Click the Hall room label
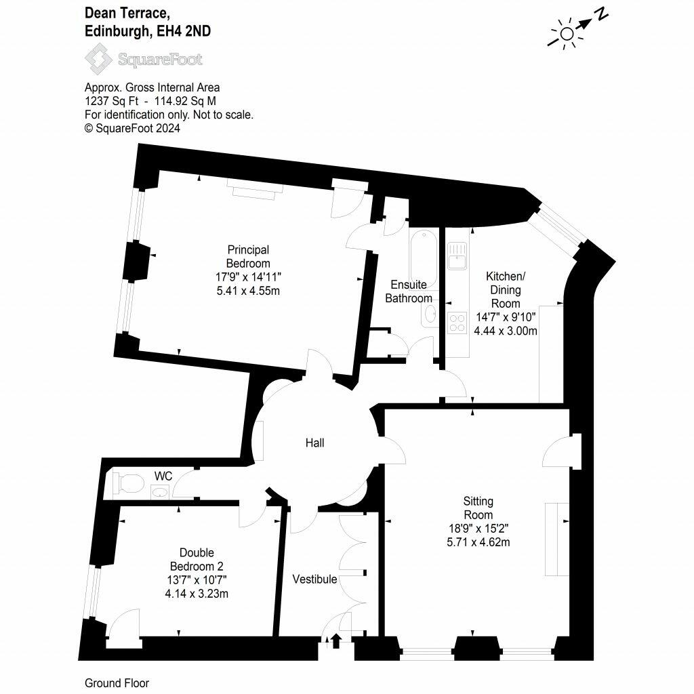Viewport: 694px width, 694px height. point(314,443)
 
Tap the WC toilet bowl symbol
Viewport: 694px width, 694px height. point(129,483)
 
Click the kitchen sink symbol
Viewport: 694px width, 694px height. point(457,256)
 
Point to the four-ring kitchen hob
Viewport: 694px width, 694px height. point(457,323)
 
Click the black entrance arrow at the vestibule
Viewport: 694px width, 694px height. point(336,641)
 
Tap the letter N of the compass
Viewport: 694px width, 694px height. point(602,14)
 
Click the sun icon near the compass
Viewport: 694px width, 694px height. point(566,34)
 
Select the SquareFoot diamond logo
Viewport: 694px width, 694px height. point(99,58)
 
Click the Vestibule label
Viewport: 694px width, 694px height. point(314,579)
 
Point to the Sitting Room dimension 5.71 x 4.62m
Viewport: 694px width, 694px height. point(478,542)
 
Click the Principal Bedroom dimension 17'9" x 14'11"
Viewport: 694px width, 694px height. point(248,277)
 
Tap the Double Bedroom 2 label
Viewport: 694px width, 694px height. point(197,559)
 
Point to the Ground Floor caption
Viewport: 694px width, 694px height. point(117,683)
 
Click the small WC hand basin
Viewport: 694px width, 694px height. point(160,492)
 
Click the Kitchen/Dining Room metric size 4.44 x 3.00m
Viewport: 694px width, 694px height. point(506,331)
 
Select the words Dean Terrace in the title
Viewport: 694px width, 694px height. point(127,14)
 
